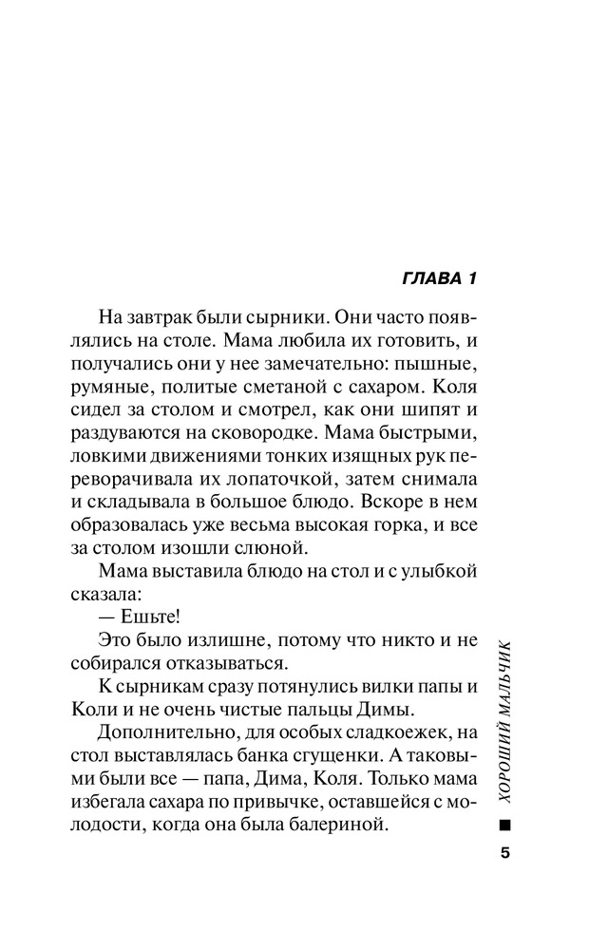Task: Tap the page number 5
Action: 504,851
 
